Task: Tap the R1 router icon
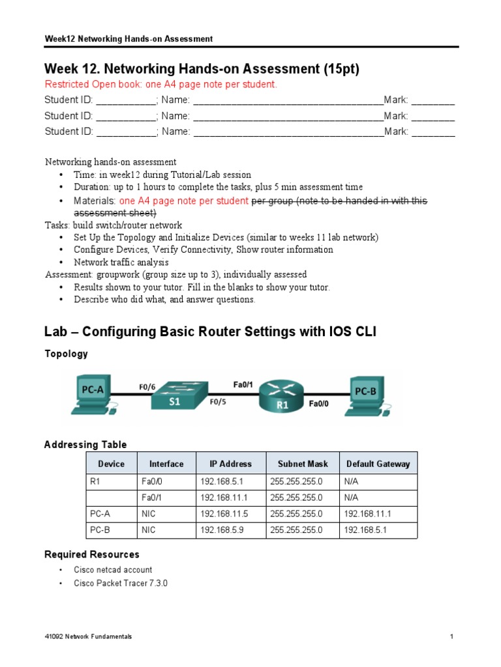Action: [279, 399]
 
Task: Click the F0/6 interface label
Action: [147, 386]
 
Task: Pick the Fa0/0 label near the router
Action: [320, 404]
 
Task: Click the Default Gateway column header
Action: [378, 464]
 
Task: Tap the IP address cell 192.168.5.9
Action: [222, 530]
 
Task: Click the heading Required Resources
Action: [91, 554]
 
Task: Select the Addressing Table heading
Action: [85, 444]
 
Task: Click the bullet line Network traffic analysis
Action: [121, 263]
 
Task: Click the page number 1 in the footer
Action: [451, 636]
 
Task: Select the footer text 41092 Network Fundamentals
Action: [88, 636]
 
